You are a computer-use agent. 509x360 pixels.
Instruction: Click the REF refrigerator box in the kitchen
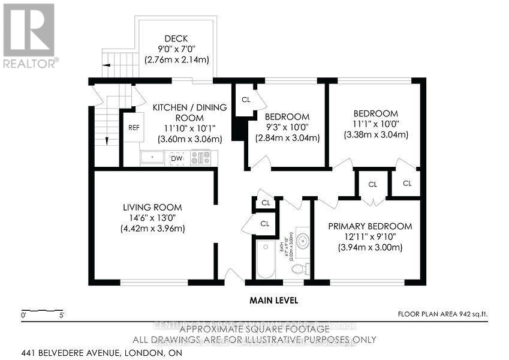(x=132, y=127)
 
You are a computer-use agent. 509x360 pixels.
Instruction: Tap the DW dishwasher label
(x=176, y=158)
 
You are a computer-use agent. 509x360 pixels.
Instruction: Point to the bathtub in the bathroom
(x=264, y=259)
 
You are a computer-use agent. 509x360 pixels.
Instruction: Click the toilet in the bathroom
(x=303, y=268)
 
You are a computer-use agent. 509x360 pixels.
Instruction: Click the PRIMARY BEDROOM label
(x=370, y=226)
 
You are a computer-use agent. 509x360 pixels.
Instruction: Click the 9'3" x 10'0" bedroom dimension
(x=287, y=127)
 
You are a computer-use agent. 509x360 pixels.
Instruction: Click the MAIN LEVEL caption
(x=273, y=300)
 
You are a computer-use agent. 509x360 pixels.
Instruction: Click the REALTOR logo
(x=29, y=35)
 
